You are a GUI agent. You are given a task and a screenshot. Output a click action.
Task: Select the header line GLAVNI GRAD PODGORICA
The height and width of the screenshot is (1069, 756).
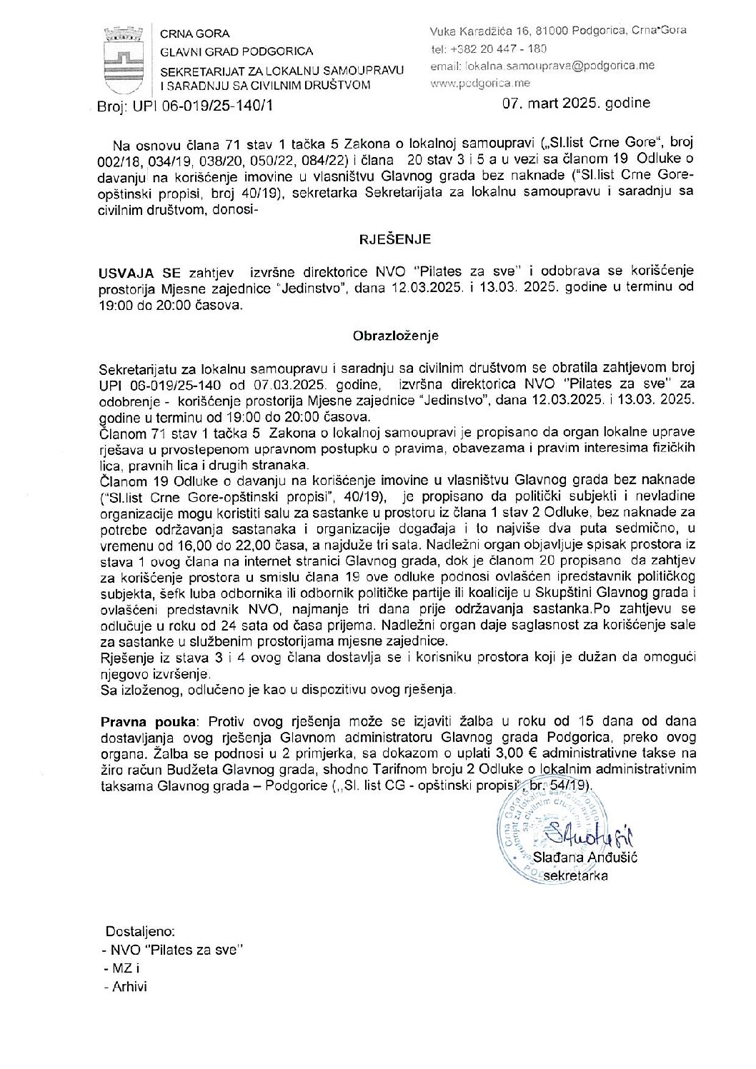pyautogui.click(x=236, y=51)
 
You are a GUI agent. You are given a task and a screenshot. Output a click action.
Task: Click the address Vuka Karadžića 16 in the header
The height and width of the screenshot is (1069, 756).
pyautogui.click(x=487, y=30)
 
